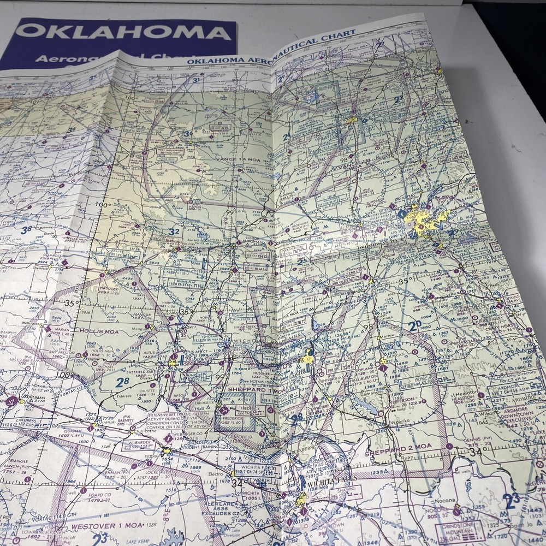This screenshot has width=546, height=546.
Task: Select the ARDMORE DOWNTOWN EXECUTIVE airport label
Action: tap(513, 412)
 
